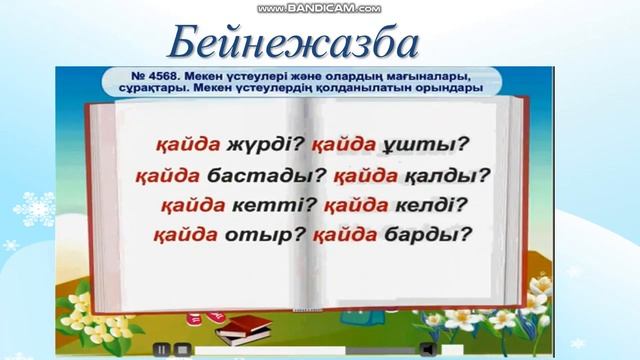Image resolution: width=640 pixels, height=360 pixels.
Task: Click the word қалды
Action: pos(454,178)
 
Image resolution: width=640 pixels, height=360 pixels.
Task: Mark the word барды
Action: pos(431,236)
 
